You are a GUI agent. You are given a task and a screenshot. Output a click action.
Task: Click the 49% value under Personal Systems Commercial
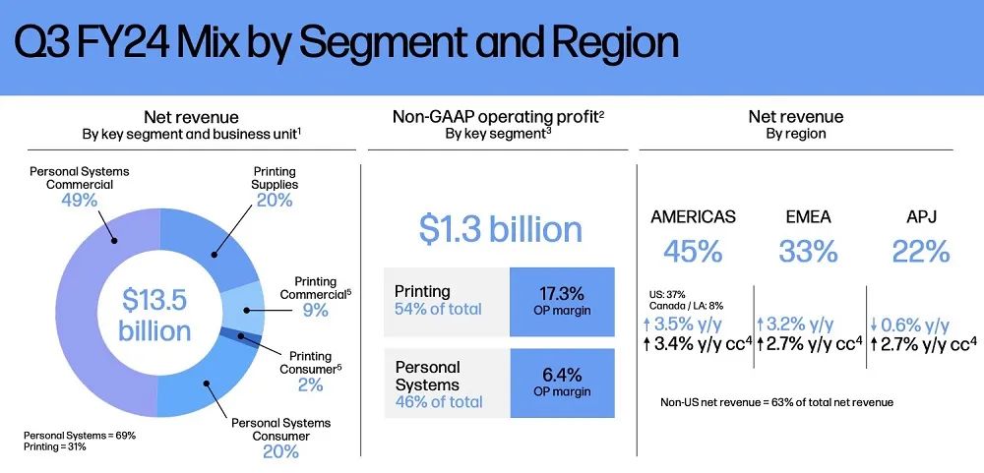(79, 201)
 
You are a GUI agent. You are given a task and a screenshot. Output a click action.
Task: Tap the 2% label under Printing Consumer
(311, 384)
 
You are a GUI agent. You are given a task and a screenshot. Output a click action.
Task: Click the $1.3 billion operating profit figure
(500, 230)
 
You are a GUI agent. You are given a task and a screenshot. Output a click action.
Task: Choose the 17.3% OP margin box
(562, 302)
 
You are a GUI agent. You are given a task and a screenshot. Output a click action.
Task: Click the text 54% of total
(438, 309)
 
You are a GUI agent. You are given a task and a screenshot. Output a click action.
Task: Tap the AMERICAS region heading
(693, 217)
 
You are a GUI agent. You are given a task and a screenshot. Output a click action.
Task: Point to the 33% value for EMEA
(808, 252)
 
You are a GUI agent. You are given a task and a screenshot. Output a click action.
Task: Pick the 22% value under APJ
(921, 252)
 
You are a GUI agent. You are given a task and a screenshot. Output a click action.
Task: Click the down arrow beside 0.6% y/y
(873, 325)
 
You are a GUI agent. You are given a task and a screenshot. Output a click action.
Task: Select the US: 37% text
(668, 294)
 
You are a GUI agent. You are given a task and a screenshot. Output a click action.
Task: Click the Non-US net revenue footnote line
(777, 402)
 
